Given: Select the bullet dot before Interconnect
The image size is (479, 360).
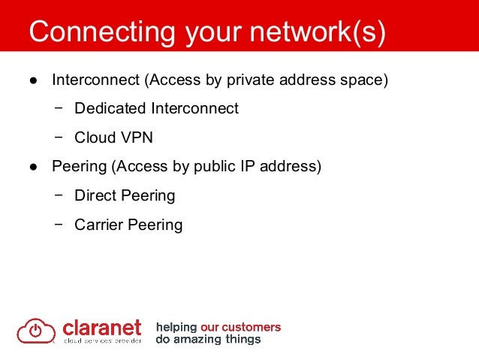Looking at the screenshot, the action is [33, 80].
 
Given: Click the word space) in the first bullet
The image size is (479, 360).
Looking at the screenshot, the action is [366, 80].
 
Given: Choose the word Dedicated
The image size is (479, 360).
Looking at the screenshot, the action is [110, 108].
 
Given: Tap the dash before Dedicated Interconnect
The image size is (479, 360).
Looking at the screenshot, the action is [59, 108].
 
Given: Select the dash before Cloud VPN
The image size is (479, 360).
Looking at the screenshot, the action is [59, 138].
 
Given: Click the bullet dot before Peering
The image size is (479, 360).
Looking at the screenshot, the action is [33, 167].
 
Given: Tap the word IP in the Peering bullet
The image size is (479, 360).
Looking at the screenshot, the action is [252, 166].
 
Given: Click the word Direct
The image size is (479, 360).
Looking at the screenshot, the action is [96, 195].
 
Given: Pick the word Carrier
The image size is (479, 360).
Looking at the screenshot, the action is [100, 225].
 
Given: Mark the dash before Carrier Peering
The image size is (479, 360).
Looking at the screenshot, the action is [59, 225].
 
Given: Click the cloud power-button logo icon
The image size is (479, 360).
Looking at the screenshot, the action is [36, 330].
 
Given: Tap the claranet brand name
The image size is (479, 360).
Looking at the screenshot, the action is [101, 328].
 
